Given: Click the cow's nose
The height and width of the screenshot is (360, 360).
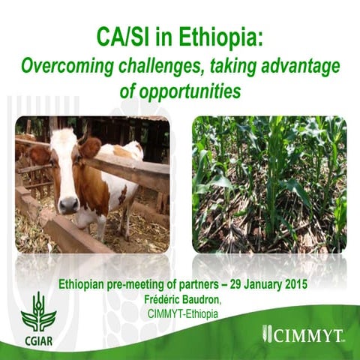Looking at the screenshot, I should (x=69, y=203).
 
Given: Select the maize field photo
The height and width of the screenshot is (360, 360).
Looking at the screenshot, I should (x=268, y=184).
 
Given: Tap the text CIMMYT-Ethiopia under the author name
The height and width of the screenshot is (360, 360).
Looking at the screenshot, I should (x=180, y=312).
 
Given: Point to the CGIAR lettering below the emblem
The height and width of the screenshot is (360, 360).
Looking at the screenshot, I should (x=38, y=337).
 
